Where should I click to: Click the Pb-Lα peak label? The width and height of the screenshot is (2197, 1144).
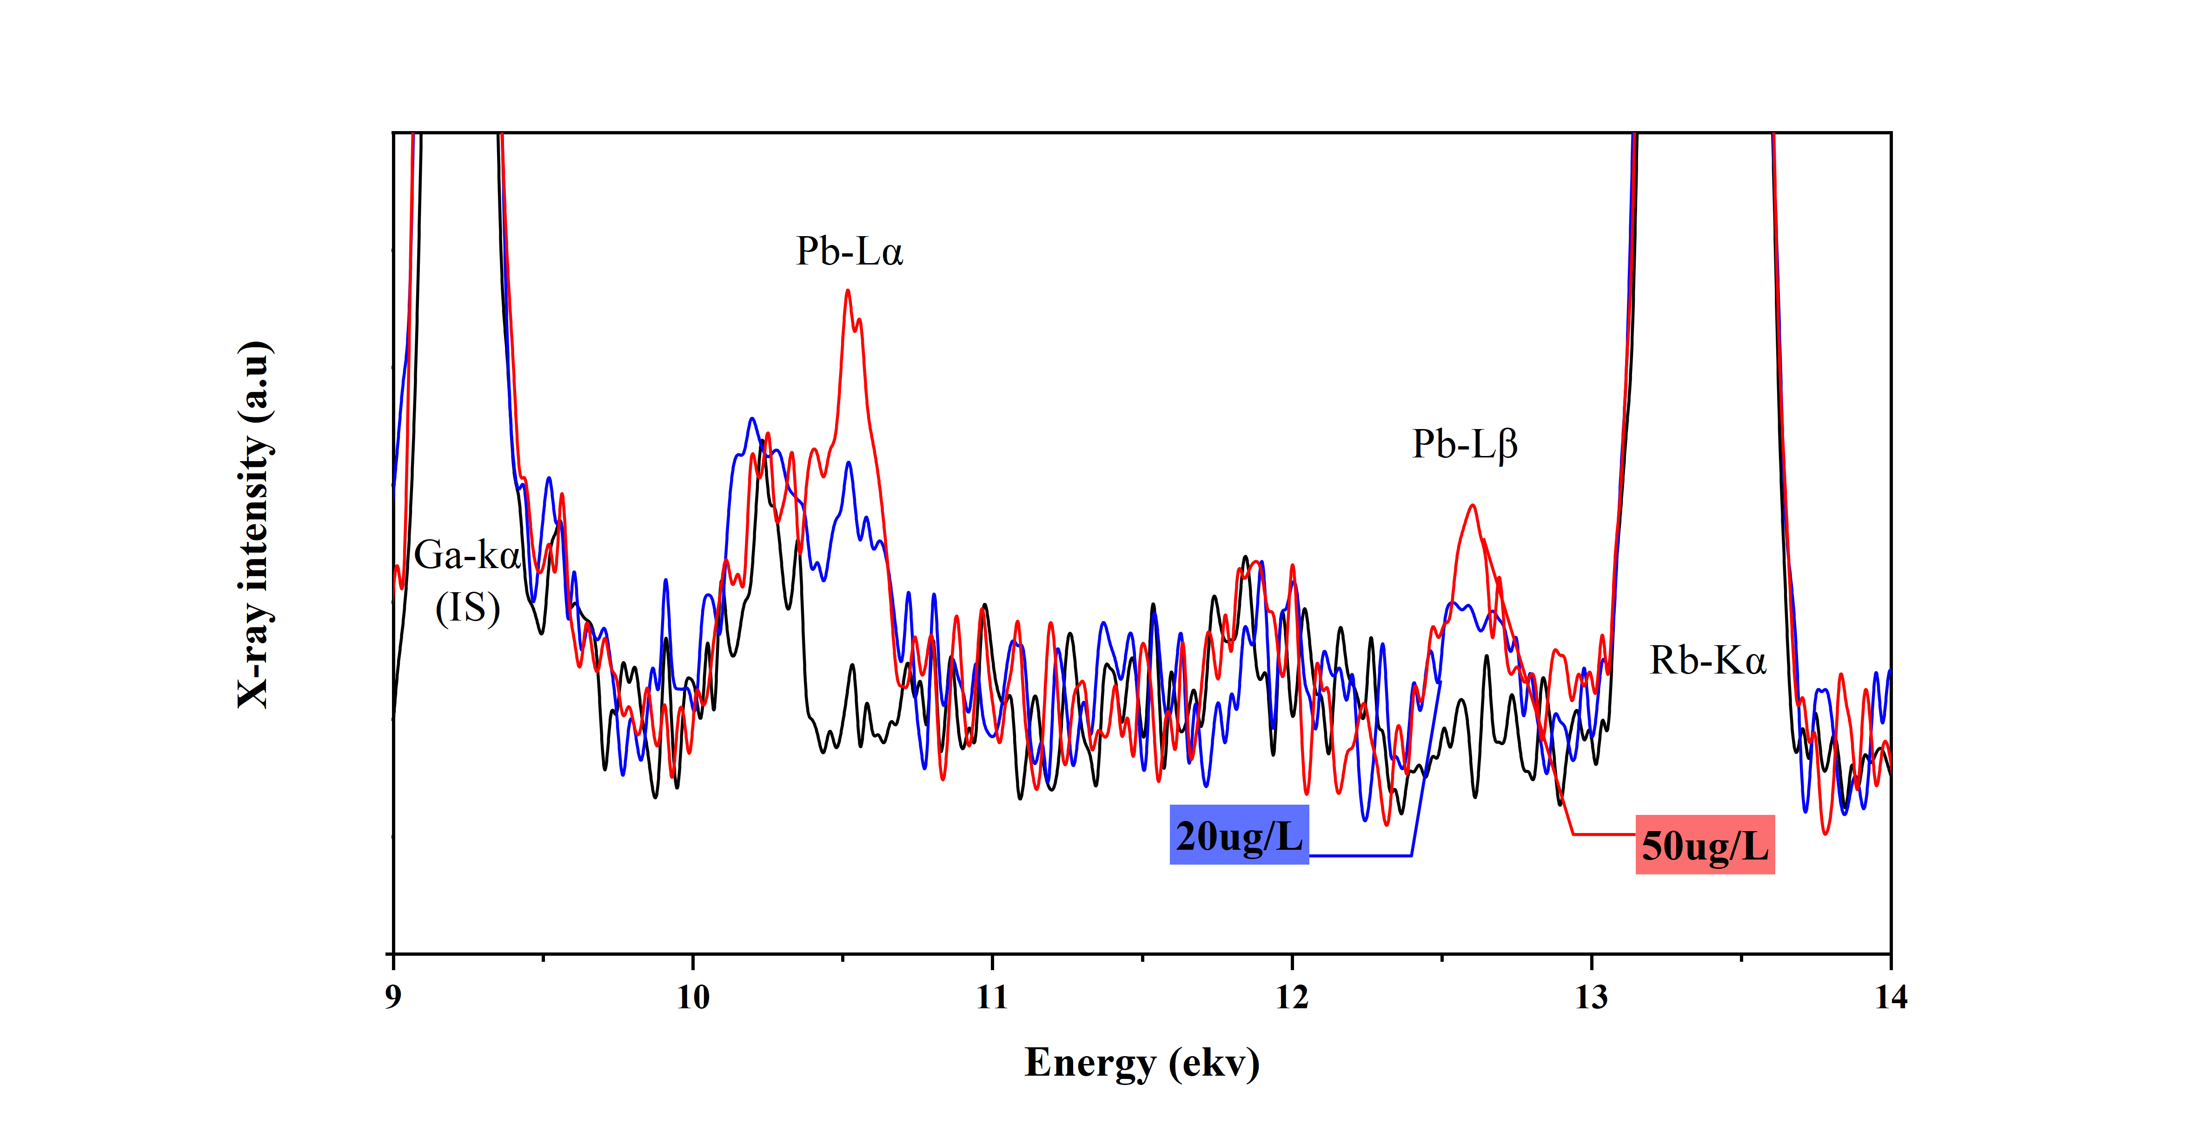849,251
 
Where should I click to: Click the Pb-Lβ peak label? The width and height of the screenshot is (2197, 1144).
1464,444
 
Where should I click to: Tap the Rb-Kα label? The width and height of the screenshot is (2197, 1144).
1707,661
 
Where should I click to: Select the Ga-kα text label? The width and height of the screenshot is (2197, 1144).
466,556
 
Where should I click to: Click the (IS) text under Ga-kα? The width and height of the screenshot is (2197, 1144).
467,608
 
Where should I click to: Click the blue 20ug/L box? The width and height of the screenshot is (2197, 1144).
1238,835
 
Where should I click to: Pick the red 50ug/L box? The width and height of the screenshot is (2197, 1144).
1704,846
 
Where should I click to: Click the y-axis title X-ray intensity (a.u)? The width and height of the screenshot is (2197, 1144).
254,524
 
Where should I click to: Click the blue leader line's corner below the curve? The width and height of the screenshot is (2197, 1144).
1412,855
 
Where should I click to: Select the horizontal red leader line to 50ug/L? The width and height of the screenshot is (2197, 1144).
1603,833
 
